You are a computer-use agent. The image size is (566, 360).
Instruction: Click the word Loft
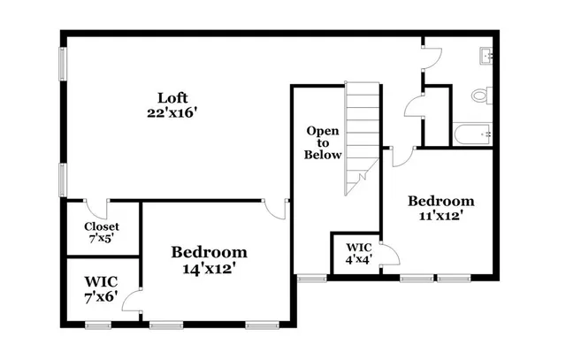pos(172,97)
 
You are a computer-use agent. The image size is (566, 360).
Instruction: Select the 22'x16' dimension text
pos(172,113)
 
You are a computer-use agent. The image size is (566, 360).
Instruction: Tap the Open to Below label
pos(323,142)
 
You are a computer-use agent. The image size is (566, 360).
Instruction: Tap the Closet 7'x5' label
pos(101,232)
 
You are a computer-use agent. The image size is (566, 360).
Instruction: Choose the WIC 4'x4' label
pos(358,253)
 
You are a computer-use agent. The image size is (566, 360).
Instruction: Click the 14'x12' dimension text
pos(209,266)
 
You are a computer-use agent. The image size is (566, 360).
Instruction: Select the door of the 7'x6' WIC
pos(132,300)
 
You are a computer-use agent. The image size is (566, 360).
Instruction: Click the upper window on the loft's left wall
pos(62,65)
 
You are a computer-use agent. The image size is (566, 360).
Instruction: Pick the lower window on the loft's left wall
pos(62,179)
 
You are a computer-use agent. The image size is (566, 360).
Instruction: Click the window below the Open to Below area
pos(311,278)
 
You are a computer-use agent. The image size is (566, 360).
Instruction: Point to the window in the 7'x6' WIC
pos(97,325)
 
